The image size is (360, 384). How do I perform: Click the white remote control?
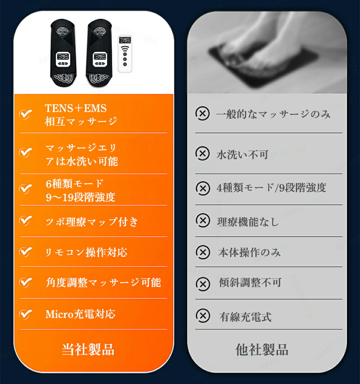pyautogui.click(x=125, y=54)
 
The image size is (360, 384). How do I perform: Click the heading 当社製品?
pyautogui.click(x=88, y=349)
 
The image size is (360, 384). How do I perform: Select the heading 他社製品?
pyautogui.click(x=262, y=349)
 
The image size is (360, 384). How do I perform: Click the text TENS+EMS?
pyautogui.click(x=76, y=108)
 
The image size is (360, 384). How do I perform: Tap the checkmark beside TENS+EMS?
pyautogui.click(x=26, y=114)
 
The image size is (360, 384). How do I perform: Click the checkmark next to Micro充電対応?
pyautogui.click(x=26, y=315)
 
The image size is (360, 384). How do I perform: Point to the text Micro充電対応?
pyautogui.click(x=80, y=314)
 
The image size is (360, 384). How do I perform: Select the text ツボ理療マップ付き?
pyautogui.click(x=92, y=221)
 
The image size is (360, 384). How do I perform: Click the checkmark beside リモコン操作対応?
pyautogui.click(x=26, y=252)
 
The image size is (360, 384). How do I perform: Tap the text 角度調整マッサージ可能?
pyautogui.click(x=103, y=282)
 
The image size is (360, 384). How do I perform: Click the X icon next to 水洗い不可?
pyautogui.click(x=203, y=154)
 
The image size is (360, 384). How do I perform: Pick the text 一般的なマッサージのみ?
pyautogui.click(x=273, y=114)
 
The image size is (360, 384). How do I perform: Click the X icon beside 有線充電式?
pyautogui.click(x=203, y=316)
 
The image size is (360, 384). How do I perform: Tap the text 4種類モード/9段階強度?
pyautogui.click(x=271, y=188)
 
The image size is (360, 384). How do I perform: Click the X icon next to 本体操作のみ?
pyautogui.click(x=203, y=252)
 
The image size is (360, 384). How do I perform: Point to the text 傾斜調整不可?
pyautogui.click(x=250, y=282)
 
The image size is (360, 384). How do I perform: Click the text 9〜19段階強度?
pyautogui.click(x=80, y=197)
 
